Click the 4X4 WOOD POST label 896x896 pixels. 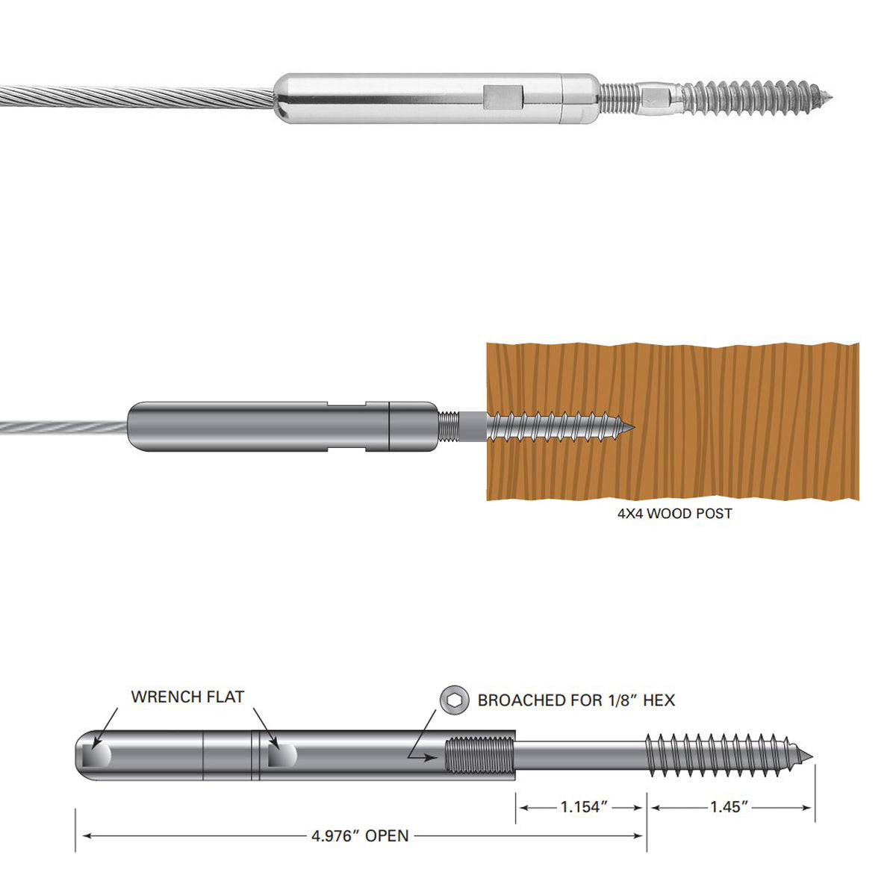coord(674,514)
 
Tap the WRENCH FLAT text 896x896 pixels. coord(187,697)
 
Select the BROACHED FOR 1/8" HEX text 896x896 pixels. coord(576,700)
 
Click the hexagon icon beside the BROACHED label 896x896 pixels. coord(453,700)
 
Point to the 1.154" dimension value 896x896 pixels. coord(580,807)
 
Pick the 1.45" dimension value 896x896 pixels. coord(729,807)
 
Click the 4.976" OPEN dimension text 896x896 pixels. coord(360,836)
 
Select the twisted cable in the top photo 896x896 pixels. coord(134,98)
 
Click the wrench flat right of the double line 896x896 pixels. coord(281,755)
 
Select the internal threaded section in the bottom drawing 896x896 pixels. coord(479,755)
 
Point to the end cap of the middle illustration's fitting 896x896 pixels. coord(413,427)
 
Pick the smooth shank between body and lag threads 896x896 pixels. coord(579,756)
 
